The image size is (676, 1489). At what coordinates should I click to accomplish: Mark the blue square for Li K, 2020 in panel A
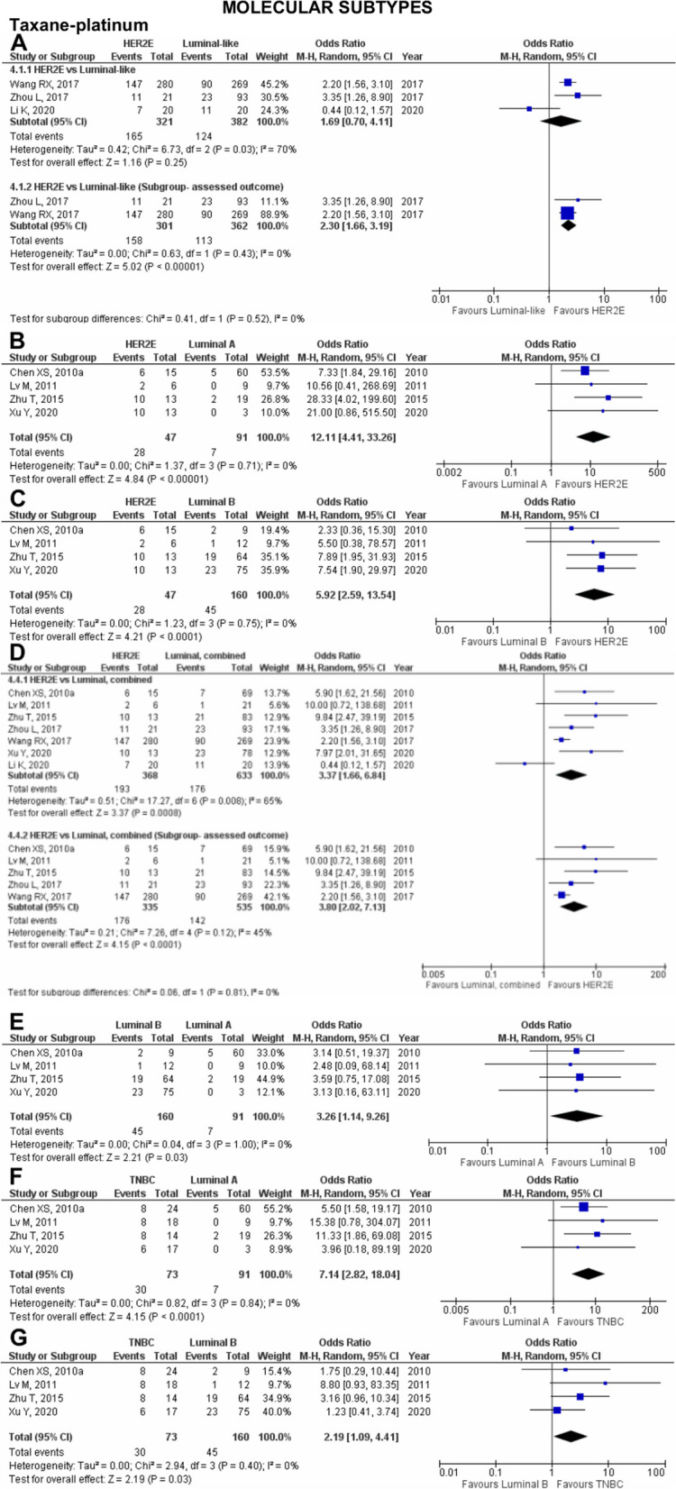[x=529, y=108]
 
